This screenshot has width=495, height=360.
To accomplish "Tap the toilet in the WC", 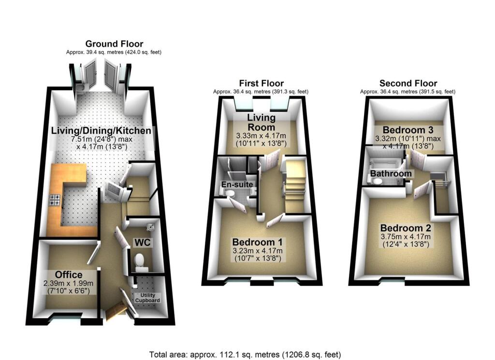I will pyautogui.click(x=141, y=260).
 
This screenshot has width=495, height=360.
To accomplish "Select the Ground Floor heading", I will pyautogui.click(x=114, y=44).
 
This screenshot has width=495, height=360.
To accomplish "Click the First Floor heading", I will pyautogui.click(x=261, y=83).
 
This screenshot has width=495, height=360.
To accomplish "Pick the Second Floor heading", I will pyautogui.click(x=408, y=83).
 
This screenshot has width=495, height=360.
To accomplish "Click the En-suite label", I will pyautogui.click(x=234, y=184).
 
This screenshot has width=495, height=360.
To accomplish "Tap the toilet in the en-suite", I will pyautogui.click(x=230, y=194).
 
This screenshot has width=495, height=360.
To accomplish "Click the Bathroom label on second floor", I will pyautogui.click(x=391, y=173).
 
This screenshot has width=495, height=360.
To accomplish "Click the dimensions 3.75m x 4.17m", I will pyautogui.click(x=408, y=237).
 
